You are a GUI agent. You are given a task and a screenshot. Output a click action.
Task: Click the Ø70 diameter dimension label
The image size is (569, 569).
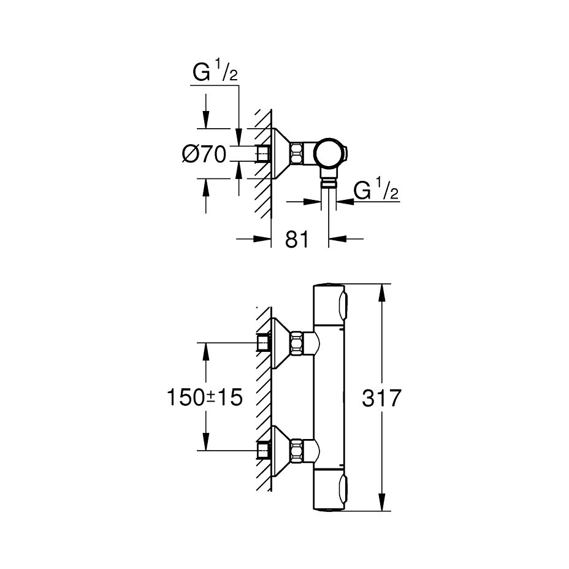tap(204, 154)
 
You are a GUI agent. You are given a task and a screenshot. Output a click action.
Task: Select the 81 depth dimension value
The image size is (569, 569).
tap(297, 240)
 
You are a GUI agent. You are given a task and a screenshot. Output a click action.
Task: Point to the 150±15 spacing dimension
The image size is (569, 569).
tap(205, 397)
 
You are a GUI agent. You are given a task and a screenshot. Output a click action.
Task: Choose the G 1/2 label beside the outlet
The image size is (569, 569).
tap(376, 191)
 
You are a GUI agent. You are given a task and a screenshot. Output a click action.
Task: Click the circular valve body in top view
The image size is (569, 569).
tap(329, 153)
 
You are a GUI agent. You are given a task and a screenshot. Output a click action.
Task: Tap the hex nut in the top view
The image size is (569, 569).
tap(297, 153)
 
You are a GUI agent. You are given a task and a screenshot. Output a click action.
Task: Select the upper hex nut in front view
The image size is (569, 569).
tap(297, 343)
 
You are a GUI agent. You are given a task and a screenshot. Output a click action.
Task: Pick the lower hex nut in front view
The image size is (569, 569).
tap(297, 451)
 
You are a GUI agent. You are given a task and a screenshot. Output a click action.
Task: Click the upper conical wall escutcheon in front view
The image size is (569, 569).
tap(281, 343)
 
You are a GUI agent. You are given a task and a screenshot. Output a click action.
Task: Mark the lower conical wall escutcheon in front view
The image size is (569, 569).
tap(281, 451)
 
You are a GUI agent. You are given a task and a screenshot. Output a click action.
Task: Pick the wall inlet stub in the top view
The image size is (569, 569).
tap(264, 153)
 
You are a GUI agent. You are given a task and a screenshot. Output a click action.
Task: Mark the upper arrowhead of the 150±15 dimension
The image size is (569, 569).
tap(206, 353)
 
